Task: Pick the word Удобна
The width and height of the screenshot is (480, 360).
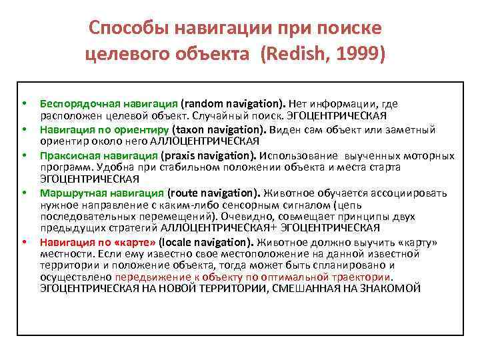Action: [x=111, y=167]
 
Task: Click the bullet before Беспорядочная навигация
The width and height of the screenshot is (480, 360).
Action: [x=24, y=103]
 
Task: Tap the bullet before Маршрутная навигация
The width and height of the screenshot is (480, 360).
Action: [x=24, y=193]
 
